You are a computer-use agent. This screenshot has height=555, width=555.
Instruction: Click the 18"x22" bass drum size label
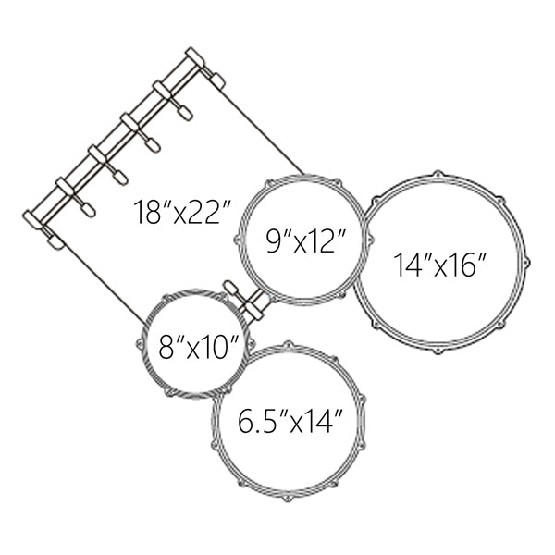pyautogui.click(x=182, y=213)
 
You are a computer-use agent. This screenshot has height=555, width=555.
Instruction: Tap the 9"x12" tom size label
pyautogui.click(x=305, y=240)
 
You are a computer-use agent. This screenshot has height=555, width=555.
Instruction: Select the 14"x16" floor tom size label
pyautogui.click(x=440, y=265)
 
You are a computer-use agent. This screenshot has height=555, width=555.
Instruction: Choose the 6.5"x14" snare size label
pyautogui.click(x=290, y=421)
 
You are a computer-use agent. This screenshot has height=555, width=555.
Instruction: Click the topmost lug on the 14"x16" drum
pyautogui.click(x=438, y=175)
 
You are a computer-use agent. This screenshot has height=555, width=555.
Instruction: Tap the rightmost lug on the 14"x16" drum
pyautogui.click(x=526, y=264)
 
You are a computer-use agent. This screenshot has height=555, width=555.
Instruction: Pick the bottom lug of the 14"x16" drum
pyautogui.click(x=438, y=351)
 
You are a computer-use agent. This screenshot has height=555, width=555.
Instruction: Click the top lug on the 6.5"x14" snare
pyautogui.click(x=288, y=345)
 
